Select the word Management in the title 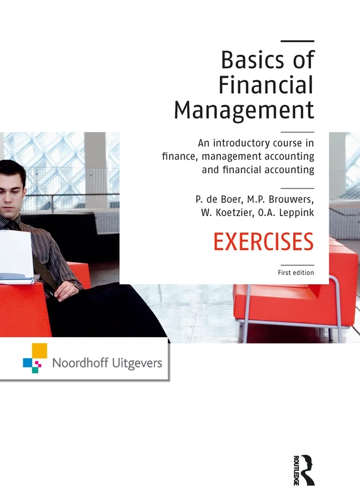[x=243, y=110]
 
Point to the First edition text [x=296, y=273]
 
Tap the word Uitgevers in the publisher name [x=136, y=363]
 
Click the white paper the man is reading [x=17, y=255]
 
